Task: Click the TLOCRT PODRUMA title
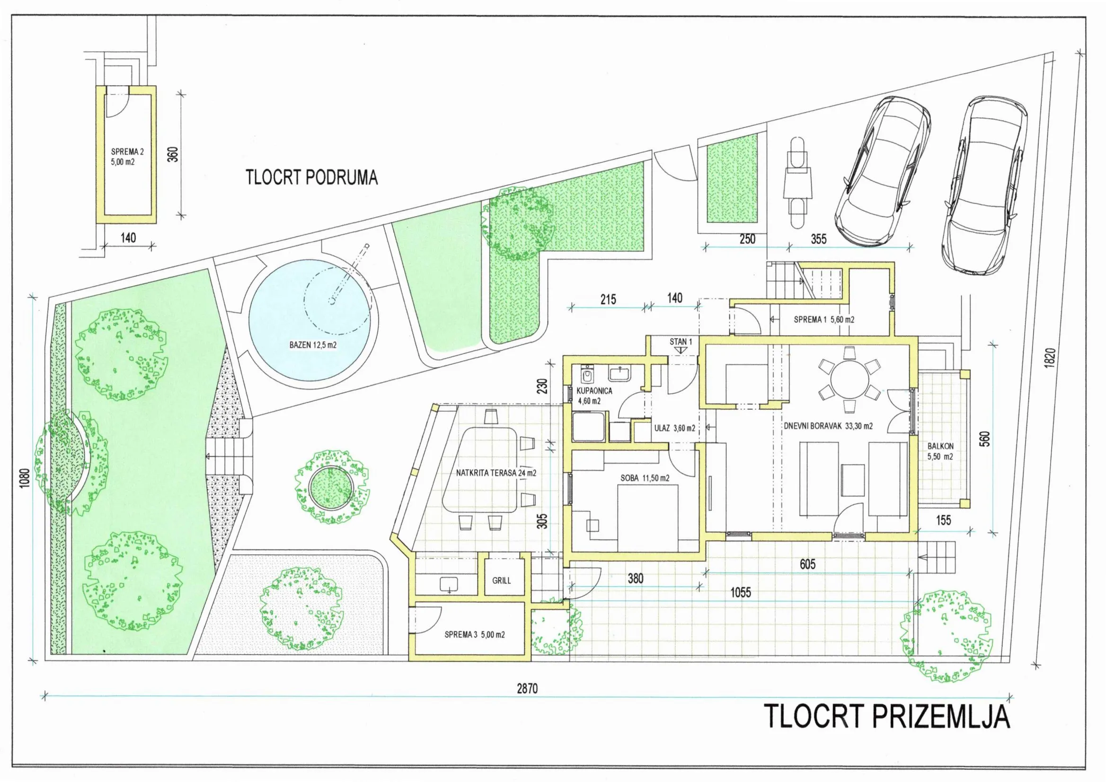(312, 178)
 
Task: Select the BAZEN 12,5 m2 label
(313, 345)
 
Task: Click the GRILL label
(502, 581)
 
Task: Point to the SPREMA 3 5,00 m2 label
(475, 635)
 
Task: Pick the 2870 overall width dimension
(528, 689)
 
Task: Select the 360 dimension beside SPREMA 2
(174, 154)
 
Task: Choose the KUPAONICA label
(594, 391)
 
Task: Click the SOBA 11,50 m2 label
(645, 478)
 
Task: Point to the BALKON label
(940, 447)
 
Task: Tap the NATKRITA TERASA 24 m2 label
(496, 473)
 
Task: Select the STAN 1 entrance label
(680, 342)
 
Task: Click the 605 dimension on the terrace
(807, 564)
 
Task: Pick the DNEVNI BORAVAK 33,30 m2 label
(828, 426)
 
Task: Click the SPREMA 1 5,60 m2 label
(824, 319)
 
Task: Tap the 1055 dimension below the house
(740, 592)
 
